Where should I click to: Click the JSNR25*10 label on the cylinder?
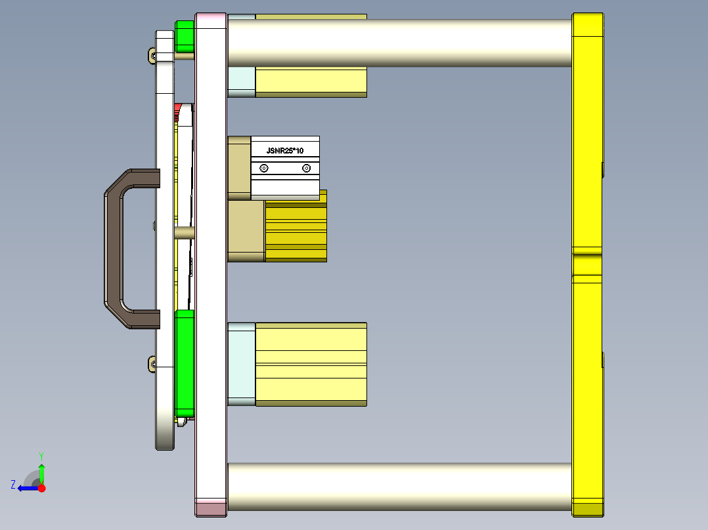284,151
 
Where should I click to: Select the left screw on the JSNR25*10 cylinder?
264,169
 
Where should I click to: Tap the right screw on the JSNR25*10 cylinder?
306,169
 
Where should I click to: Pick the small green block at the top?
185,36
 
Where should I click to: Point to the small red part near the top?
178,108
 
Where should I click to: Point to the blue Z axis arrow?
26,488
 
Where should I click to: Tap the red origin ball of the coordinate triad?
41,488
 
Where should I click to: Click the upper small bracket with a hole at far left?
152,56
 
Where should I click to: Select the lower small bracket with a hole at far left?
152,363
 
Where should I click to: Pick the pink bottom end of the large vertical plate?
211,507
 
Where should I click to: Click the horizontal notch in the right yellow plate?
587,251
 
